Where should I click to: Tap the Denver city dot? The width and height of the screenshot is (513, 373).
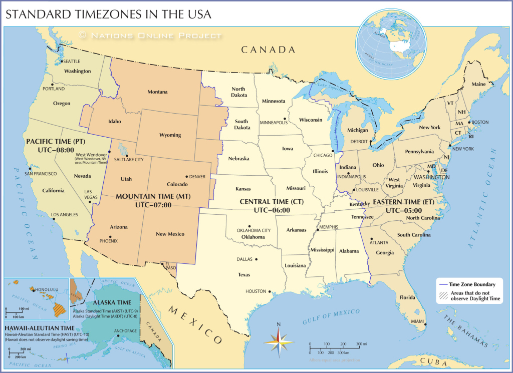click(x=186, y=177)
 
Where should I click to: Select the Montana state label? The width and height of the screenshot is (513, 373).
click(x=157, y=92)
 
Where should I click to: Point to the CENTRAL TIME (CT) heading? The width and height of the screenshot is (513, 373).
click(x=272, y=201)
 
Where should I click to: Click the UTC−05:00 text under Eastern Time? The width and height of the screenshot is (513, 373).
click(x=403, y=211)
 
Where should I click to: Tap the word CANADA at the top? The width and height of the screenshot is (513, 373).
click(x=268, y=50)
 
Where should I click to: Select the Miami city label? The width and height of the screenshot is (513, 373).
click(x=417, y=321)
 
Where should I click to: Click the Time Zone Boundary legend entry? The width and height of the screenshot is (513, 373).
click(x=474, y=284)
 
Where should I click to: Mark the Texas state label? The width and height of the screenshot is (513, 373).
click(x=244, y=274)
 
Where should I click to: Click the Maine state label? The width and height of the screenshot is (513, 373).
click(x=479, y=84)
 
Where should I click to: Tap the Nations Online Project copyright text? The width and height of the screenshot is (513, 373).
click(x=150, y=36)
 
